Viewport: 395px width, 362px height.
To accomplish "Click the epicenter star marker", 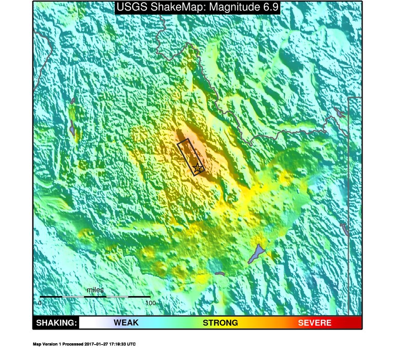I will point(197,168).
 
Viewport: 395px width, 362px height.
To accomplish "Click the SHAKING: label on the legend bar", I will point(56,323).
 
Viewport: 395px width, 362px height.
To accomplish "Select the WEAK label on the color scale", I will point(126,323).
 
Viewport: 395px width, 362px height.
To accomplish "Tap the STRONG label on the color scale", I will point(220,323).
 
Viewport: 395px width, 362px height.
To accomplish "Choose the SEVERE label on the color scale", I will point(315,323).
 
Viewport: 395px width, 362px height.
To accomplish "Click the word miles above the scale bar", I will point(95,290).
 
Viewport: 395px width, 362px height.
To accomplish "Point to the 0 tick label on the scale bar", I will point(40,303).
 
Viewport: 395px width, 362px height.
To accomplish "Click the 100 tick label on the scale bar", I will point(150,303).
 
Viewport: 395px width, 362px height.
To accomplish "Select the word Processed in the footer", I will point(73,344).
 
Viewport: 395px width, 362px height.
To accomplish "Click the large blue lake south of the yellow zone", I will point(257,254).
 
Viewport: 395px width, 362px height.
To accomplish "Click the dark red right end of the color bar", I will point(358,323).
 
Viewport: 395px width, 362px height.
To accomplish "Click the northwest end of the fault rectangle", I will point(182,142).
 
